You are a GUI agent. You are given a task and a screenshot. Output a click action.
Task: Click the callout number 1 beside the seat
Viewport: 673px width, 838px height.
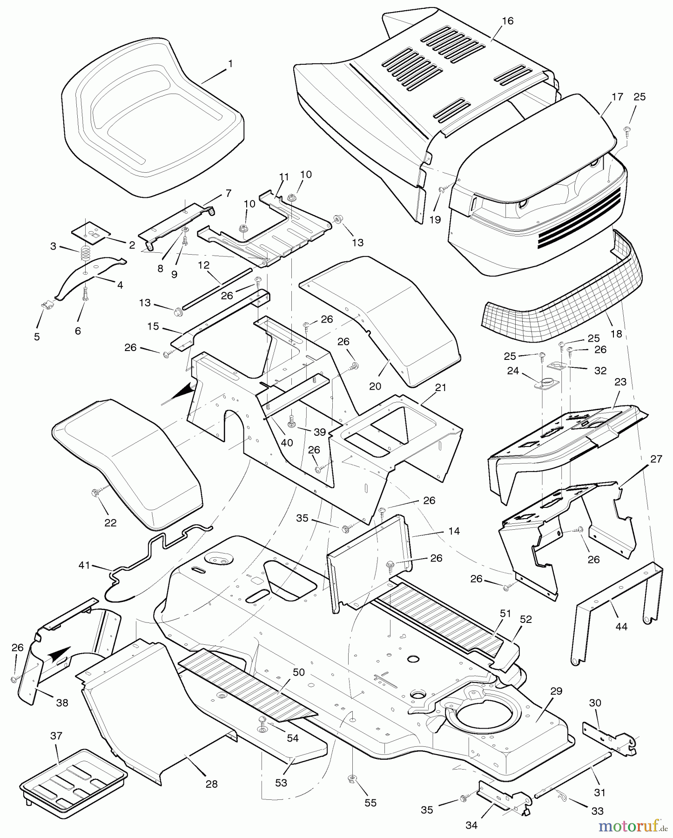pos(230,64)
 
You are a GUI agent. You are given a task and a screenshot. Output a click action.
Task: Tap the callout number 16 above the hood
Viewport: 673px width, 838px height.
pos(508,21)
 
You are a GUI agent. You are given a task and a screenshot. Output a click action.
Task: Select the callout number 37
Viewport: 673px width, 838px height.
pos(57,736)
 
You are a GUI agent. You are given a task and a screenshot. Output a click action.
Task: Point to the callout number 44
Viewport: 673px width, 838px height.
pos(621,627)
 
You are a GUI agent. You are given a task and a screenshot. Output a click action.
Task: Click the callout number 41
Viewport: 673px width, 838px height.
pos(84,566)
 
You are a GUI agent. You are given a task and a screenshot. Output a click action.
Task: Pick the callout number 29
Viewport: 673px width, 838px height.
pos(556,691)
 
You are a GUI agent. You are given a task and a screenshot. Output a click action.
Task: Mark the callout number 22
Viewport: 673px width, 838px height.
pos(110,523)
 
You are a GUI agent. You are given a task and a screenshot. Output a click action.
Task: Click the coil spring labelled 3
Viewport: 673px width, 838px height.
pos(86,254)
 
